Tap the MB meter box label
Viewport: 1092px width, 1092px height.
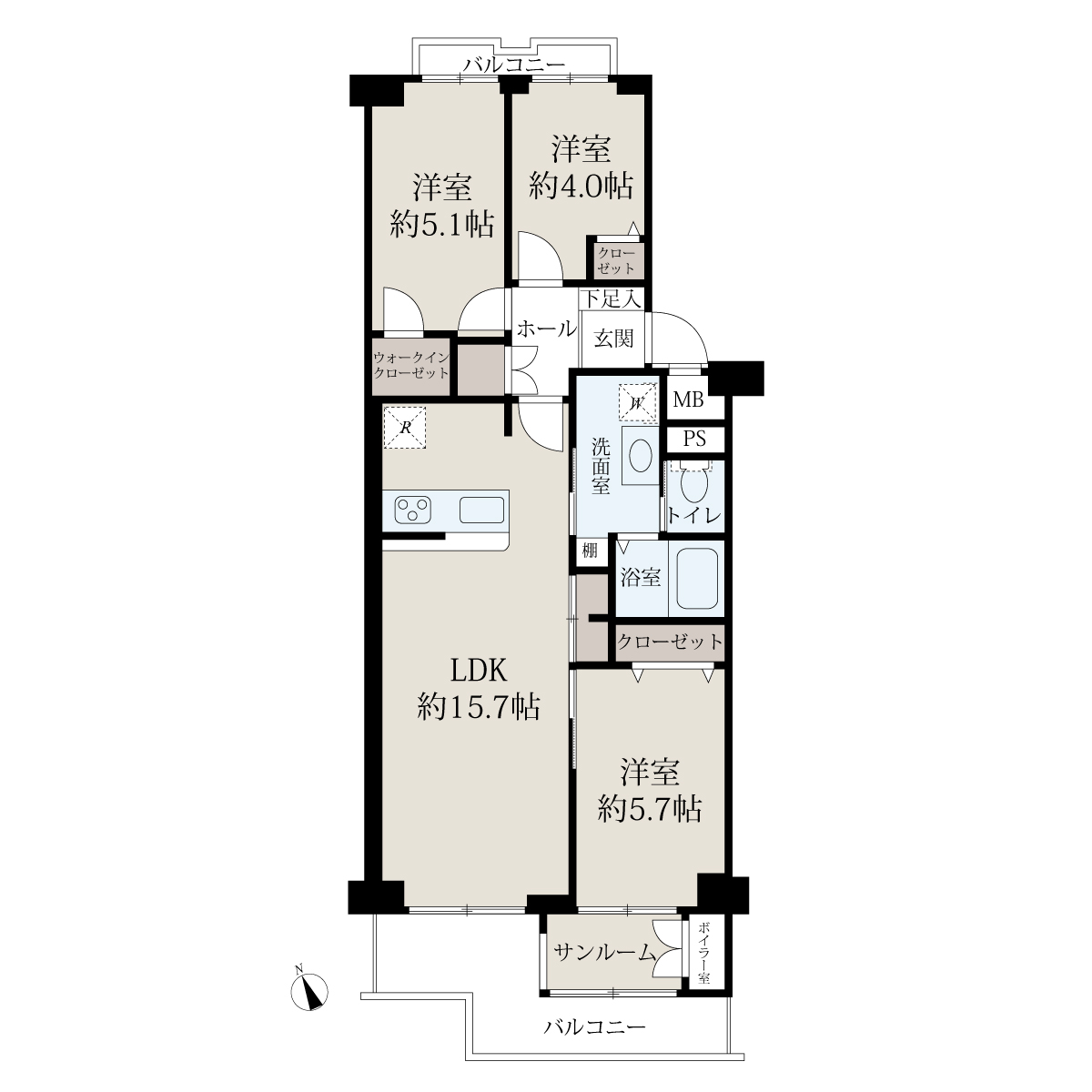688,400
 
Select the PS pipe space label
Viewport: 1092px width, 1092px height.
694,439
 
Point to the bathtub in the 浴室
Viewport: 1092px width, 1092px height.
696,579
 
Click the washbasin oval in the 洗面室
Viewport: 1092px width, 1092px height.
641,456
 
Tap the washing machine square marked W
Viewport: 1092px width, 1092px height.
638,403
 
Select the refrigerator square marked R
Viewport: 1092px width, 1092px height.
405,428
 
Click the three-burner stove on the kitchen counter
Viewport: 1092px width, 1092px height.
412,510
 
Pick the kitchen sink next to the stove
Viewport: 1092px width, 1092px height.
481,510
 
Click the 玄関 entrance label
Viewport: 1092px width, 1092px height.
613,339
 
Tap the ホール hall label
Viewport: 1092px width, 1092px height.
546,329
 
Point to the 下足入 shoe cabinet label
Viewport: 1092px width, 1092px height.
612,298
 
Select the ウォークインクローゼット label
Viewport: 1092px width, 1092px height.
411,366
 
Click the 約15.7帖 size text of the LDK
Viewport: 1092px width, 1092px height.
479,707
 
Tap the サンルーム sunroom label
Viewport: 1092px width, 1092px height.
603,953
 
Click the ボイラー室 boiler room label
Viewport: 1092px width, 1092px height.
703,953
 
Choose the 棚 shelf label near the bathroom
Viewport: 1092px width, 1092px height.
590,550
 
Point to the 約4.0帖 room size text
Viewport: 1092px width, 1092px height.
581,186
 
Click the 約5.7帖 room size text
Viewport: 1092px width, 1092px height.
650,809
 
